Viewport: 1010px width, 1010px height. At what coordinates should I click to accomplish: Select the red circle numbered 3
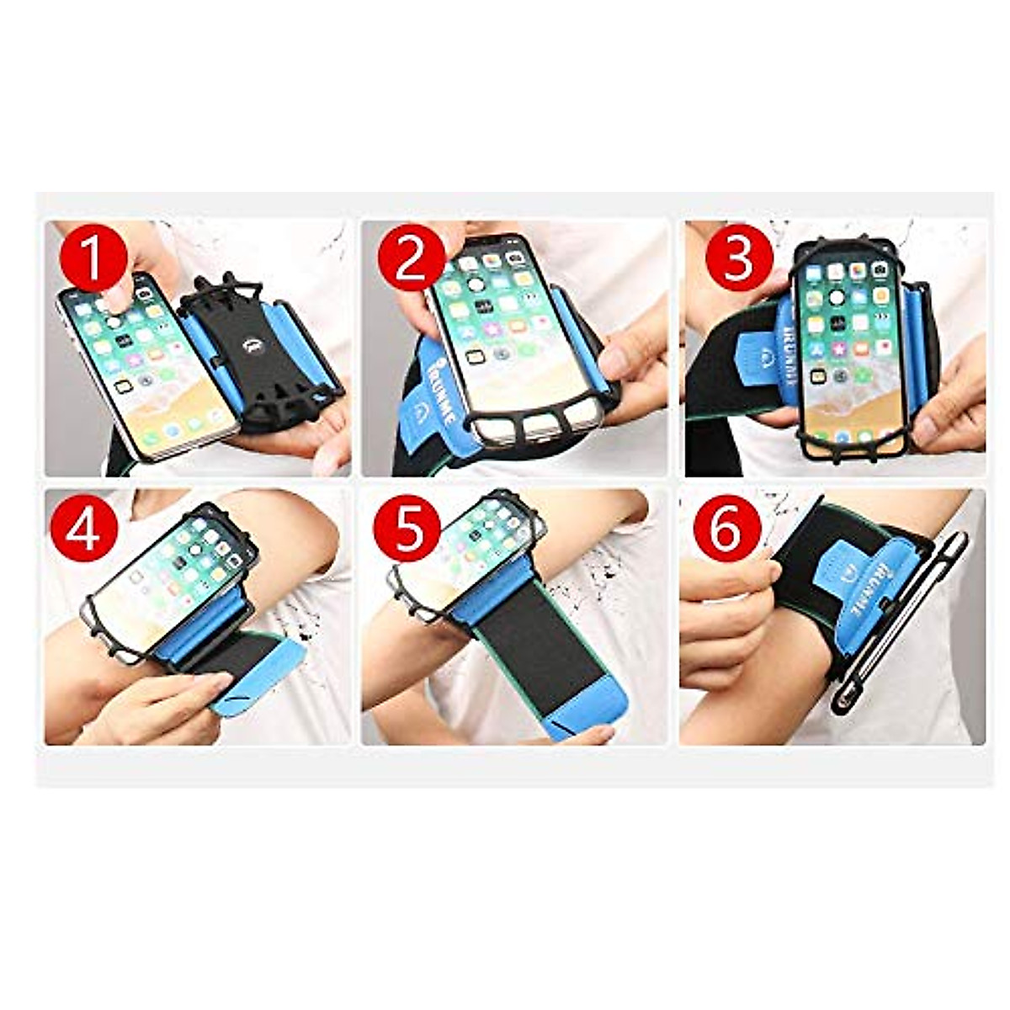pos(738,258)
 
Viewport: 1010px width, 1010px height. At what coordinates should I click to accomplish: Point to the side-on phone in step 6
pos(901,623)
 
